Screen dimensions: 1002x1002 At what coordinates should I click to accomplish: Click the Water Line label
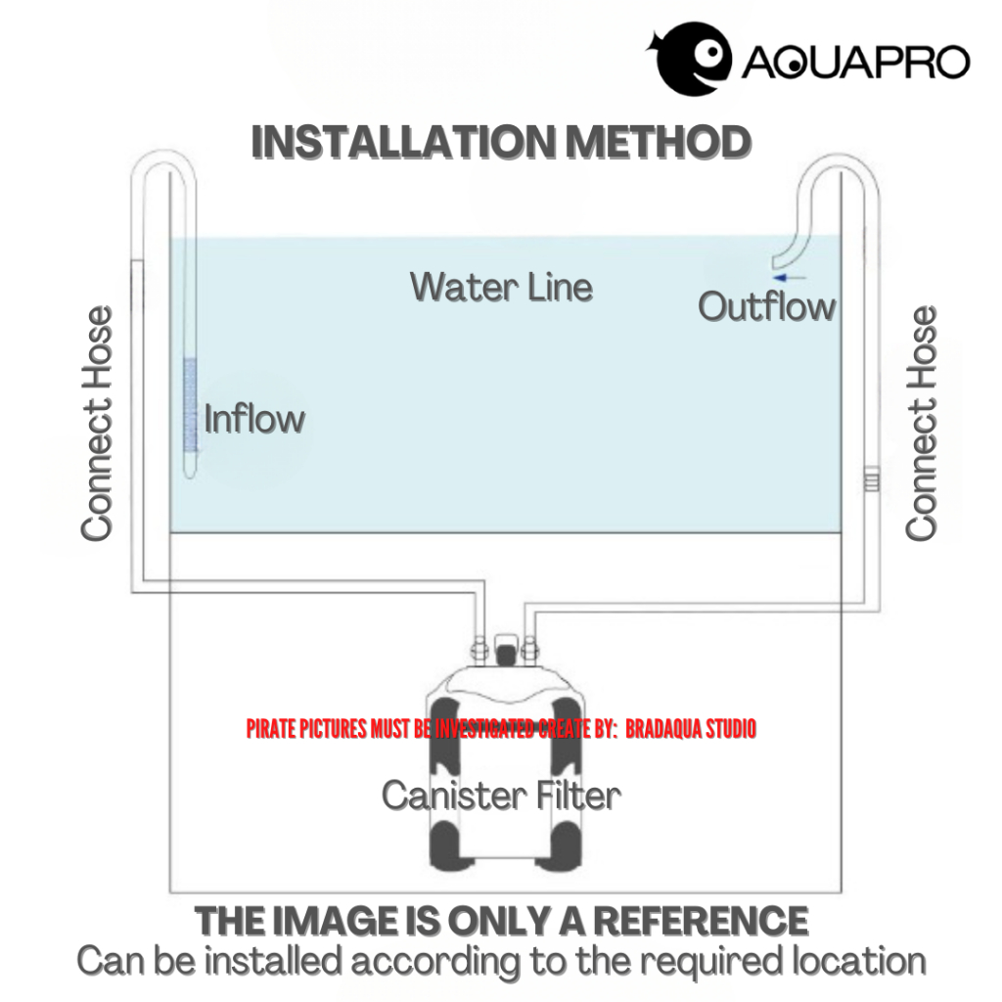pos(501,287)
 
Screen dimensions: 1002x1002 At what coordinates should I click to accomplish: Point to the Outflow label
pos(766,306)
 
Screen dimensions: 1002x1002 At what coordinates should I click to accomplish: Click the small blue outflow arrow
pos(796,277)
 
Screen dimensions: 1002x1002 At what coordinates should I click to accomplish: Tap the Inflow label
pos(254,420)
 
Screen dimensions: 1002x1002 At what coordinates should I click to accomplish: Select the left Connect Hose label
pos(97,424)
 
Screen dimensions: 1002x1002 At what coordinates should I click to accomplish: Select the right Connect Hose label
pos(921,424)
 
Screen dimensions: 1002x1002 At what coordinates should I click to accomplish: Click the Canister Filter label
pos(501,795)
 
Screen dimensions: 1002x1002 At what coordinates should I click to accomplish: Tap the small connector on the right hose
pos(872,481)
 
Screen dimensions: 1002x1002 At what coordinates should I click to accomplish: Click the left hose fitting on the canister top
pos(479,648)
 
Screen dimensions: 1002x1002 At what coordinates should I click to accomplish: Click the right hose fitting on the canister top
pos(529,648)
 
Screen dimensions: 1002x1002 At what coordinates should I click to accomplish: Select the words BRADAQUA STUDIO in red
pos(691,729)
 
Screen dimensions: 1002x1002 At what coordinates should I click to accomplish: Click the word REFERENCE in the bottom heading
pos(701,921)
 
